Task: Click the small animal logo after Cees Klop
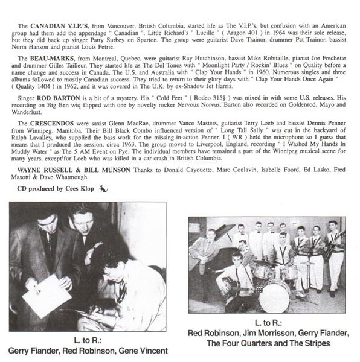pos(103,190)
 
